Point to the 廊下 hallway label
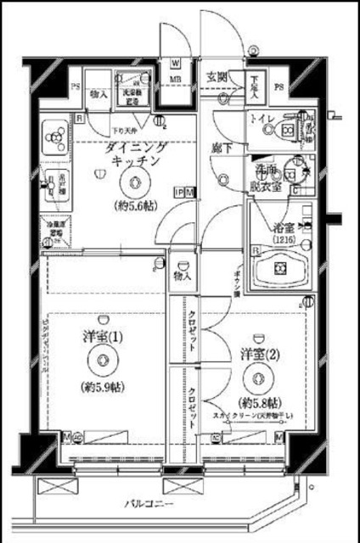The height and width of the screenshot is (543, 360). coord(222,149)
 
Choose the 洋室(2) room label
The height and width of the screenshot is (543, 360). coord(256,353)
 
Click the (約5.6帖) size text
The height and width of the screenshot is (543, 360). coord(134,206)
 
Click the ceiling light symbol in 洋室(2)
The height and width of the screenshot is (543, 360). coord(256,378)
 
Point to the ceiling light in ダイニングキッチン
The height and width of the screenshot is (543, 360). coord(134,180)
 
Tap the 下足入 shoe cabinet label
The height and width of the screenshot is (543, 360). coord(256,87)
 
